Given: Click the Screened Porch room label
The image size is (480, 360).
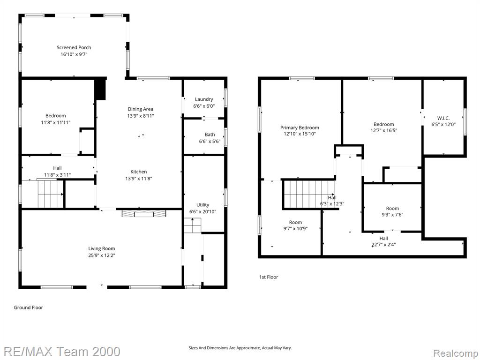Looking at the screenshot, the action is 74,47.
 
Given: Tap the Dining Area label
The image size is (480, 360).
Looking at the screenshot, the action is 141,109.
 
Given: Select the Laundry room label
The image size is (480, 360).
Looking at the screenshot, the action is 204,99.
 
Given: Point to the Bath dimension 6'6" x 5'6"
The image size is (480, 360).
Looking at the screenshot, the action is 210,142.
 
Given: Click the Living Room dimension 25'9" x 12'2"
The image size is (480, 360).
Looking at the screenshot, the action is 101,255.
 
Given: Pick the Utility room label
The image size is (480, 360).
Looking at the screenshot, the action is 202,205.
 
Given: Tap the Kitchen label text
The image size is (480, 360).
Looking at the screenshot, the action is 139,172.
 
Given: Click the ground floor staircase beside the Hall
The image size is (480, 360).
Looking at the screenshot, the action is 51,194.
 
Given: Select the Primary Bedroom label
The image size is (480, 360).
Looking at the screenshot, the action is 300,127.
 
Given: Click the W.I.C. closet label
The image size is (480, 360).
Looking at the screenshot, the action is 443,118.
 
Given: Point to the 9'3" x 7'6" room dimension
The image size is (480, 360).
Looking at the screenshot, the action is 392,215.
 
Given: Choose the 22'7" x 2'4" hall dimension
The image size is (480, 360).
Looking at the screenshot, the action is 383,245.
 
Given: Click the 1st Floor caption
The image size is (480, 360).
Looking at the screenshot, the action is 269,277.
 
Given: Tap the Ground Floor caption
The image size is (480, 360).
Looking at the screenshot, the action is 29,307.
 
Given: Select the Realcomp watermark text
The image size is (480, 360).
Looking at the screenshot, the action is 456,353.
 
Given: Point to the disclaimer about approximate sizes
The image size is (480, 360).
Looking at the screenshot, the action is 240,348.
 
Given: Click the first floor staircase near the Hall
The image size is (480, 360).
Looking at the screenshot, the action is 309,195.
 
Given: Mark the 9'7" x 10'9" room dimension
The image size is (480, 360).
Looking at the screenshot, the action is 295,228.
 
